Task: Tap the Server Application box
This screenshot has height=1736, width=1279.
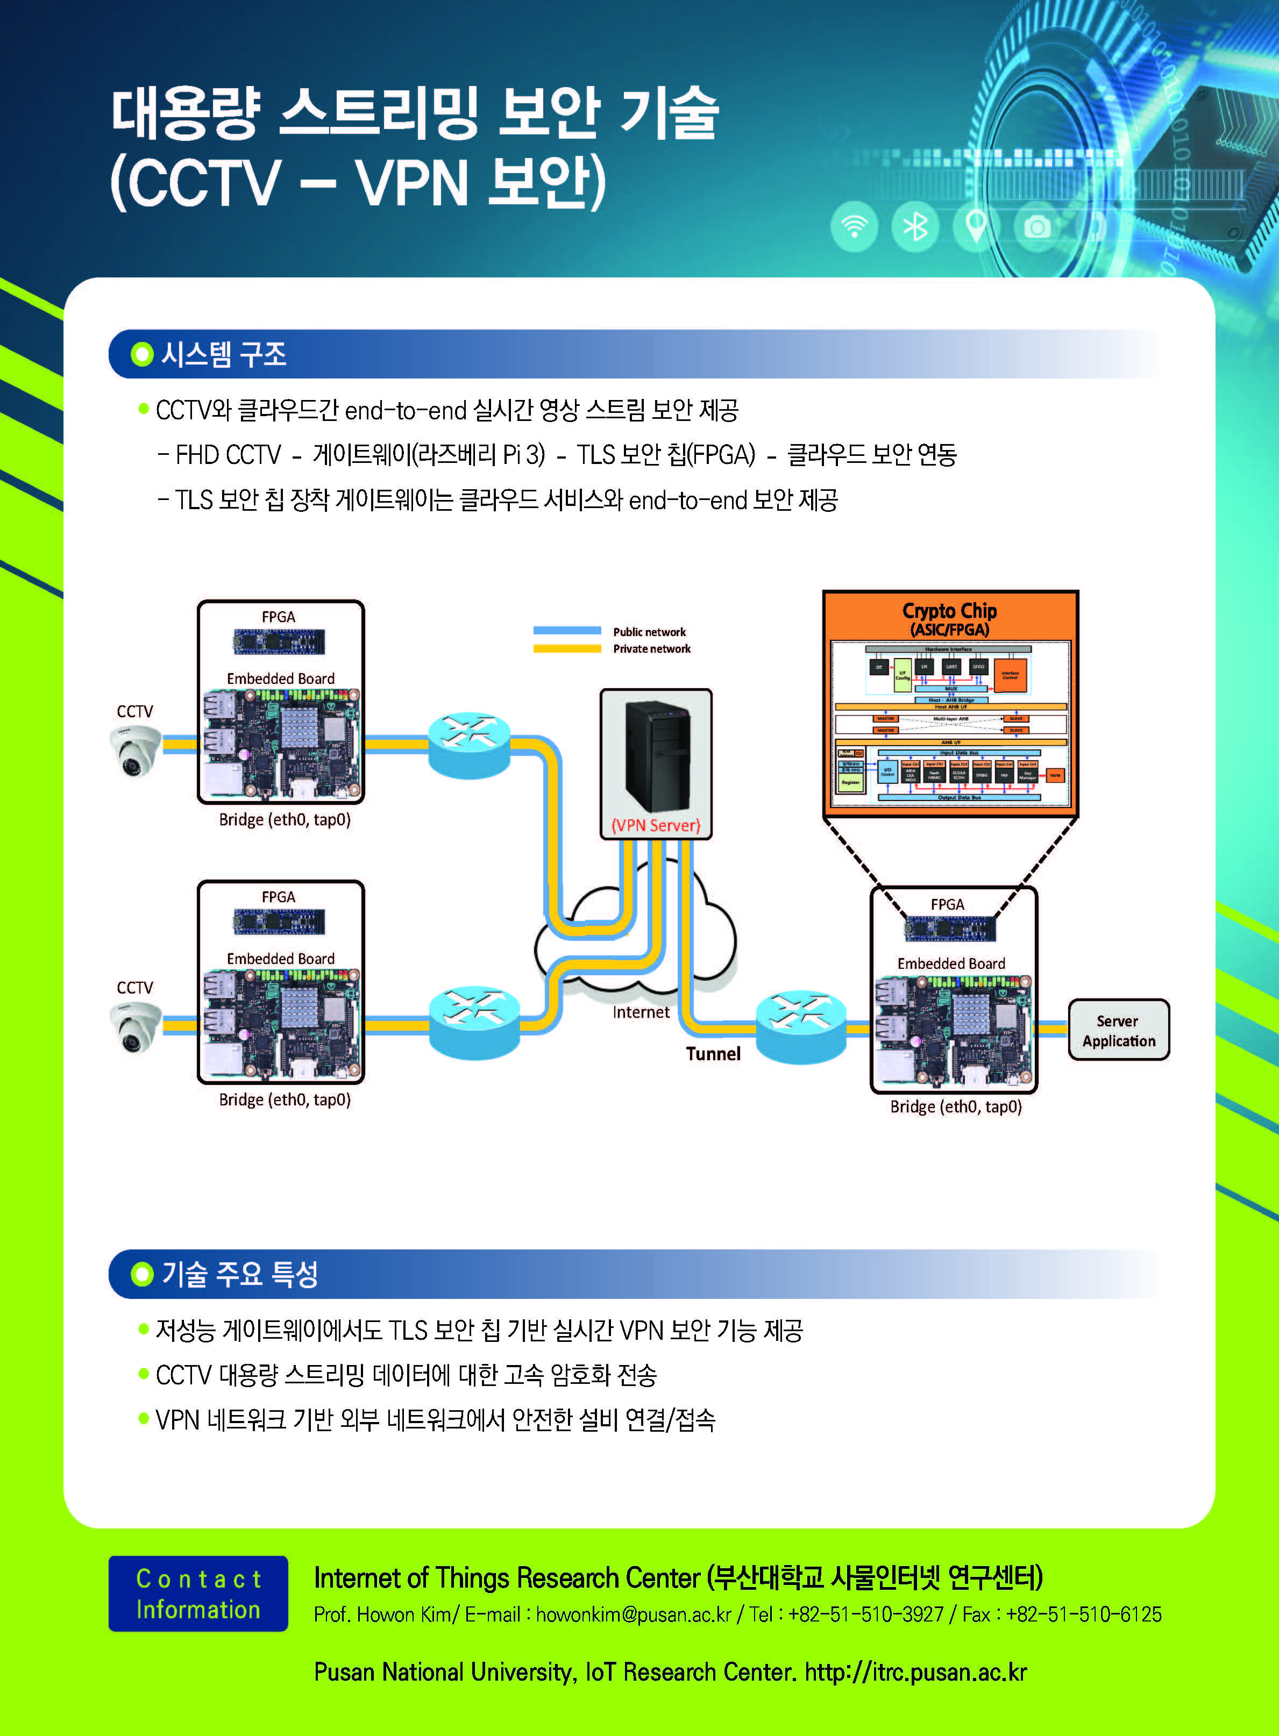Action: (x=1118, y=1030)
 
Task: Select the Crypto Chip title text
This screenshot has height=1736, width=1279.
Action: (x=949, y=611)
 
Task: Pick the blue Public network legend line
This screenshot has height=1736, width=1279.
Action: (x=567, y=631)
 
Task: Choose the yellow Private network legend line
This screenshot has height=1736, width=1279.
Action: (x=567, y=648)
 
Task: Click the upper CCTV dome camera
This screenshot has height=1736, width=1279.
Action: (x=136, y=751)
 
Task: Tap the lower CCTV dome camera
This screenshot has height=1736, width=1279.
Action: (x=136, y=1026)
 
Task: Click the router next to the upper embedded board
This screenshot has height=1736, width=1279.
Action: (x=469, y=745)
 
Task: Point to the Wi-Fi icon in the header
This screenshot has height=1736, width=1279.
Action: (x=854, y=227)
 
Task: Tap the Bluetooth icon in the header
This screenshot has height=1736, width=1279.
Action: (x=915, y=227)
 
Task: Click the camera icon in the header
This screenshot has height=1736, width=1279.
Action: (x=1038, y=227)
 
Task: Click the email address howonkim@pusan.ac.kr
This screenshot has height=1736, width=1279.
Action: (x=633, y=1614)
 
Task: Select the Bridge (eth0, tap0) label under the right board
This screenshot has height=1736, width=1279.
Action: (x=955, y=1107)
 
